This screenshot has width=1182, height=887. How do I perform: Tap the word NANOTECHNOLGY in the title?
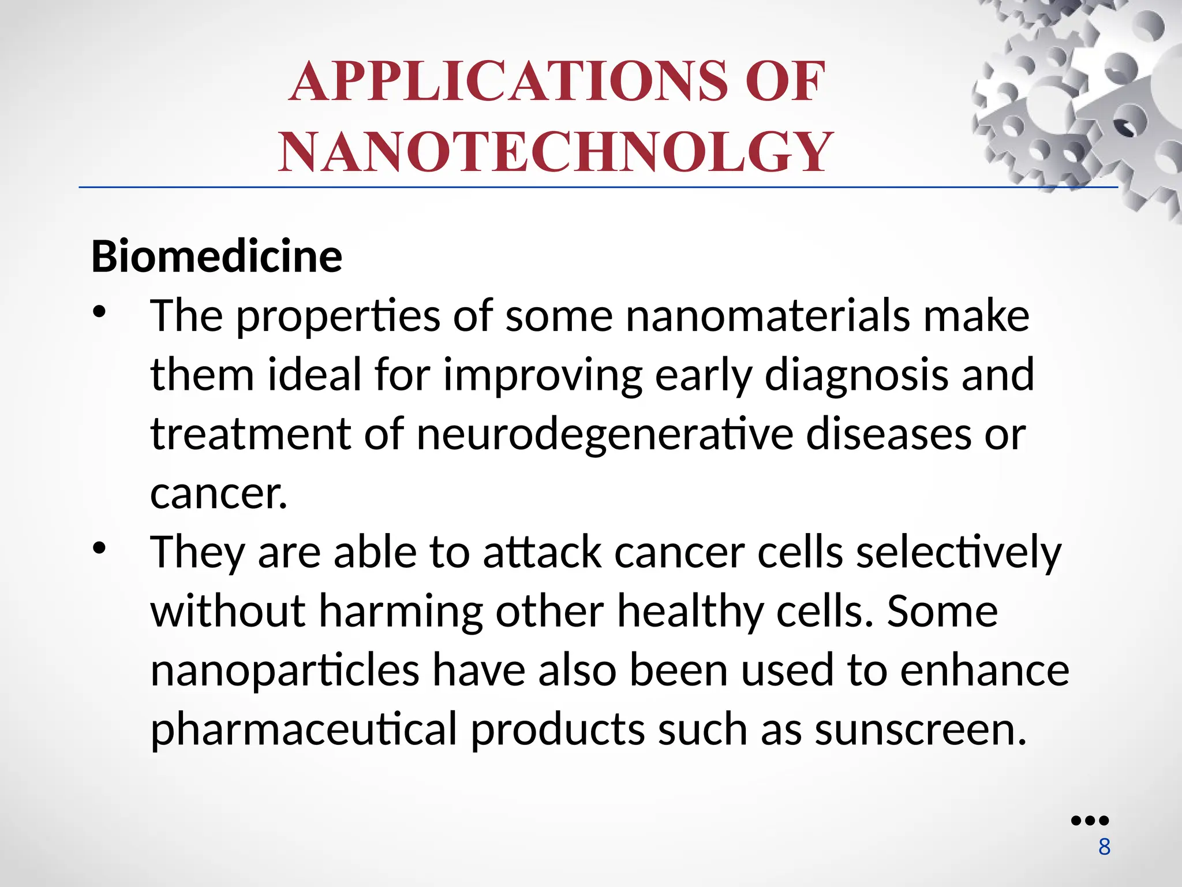click(556, 152)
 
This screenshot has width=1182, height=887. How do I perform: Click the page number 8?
click(1104, 847)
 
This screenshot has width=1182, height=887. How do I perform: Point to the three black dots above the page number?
click(1090, 821)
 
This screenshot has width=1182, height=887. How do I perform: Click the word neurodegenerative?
click(605, 434)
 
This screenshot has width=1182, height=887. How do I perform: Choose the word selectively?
click(958, 553)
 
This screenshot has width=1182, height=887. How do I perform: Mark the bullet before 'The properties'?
click(99, 312)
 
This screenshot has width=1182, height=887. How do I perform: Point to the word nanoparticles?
click(285, 670)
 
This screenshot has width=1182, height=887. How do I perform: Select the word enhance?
click(985, 670)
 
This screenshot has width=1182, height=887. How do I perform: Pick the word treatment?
click(250, 434)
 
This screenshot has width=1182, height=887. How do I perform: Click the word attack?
click(542, 552)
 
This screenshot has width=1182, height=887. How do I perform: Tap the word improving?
click(543, 375)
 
